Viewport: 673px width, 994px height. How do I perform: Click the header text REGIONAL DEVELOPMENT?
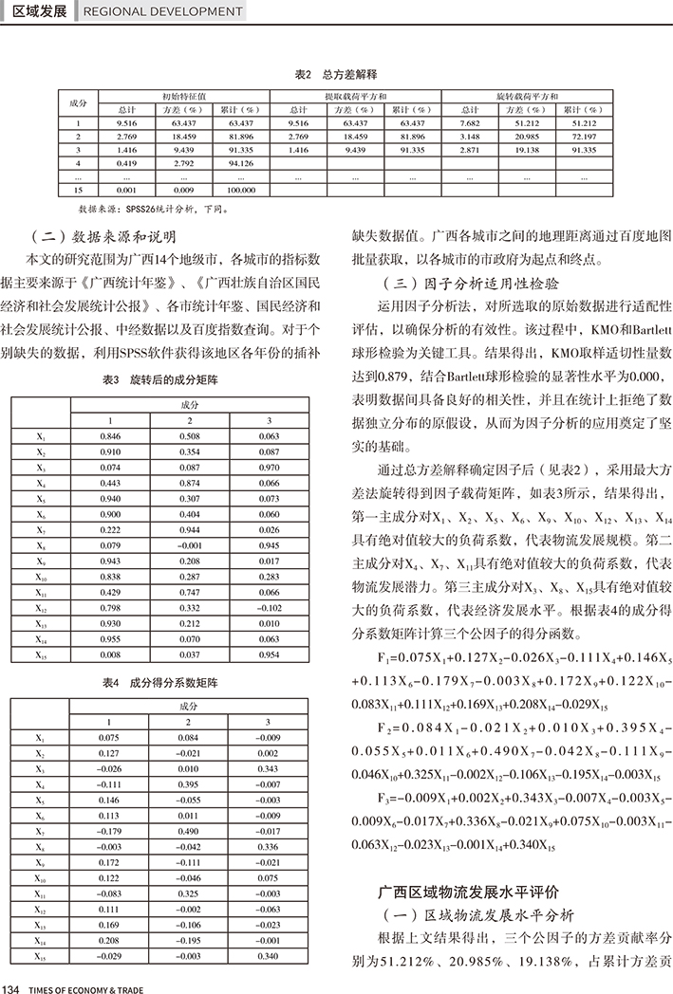(162, 11)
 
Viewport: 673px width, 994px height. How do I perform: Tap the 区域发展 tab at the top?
(37, 11)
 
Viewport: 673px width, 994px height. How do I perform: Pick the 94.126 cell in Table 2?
(241, 163)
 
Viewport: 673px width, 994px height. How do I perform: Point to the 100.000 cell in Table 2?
(241, 190)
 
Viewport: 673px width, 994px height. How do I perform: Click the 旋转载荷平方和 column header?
(527, 97)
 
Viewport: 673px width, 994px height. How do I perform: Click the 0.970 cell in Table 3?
(269, 468)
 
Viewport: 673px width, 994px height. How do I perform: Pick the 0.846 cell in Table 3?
(109, 436)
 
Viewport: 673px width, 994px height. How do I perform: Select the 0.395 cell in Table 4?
(189, 784)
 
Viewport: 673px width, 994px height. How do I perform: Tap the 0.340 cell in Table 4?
(269, 957)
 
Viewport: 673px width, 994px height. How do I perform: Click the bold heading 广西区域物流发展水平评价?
(469, 892)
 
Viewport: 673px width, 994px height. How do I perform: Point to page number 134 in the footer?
(12, 987)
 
